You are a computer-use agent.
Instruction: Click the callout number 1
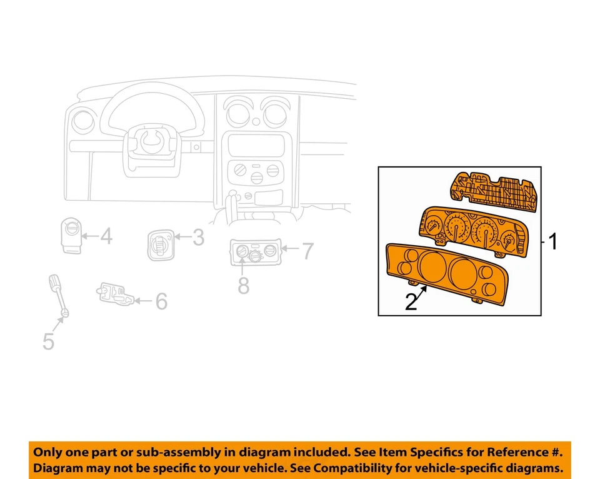pos(552,241)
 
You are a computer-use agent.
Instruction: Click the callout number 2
pos(411,302)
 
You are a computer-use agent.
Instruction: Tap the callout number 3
pos(197,238)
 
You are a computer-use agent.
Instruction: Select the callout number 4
pos(106,237)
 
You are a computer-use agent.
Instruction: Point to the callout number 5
pos(48,341)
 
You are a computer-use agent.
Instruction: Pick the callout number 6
pos(161,302)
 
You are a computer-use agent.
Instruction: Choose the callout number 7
pos(306,251)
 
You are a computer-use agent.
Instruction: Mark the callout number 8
pos(243,285)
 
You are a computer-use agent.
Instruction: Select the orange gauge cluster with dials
pos(473,231)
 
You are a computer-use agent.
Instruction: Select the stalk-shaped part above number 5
pos(57,293)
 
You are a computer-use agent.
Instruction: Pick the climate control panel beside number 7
pos(255,252)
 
